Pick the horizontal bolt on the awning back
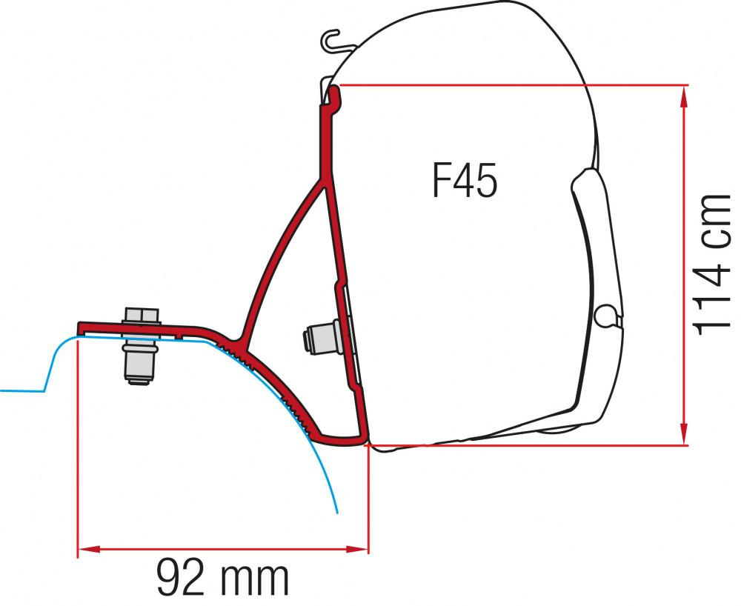pos(320,340)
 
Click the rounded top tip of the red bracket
pos(335,90)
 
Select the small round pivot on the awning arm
pos(608,316)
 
